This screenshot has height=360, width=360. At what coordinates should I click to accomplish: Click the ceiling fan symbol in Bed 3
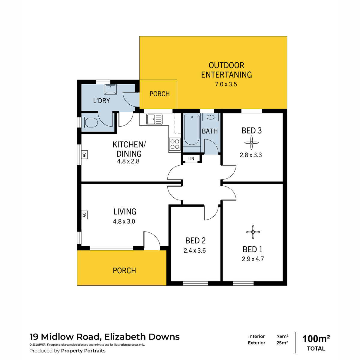(251, 143)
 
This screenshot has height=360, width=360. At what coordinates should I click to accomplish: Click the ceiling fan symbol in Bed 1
(253, 232)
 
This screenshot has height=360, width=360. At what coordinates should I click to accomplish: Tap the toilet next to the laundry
(90, 122)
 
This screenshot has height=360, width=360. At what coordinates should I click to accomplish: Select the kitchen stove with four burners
(175, 144)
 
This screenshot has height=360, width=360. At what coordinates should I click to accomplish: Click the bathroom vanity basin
(211, 117)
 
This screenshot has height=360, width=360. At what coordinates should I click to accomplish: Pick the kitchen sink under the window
(154, 119)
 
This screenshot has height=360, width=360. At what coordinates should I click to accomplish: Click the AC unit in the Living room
(84, 215)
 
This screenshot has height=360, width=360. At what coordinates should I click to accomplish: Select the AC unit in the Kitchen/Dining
(84, 155)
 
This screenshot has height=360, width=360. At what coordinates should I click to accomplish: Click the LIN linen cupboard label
(191, 159)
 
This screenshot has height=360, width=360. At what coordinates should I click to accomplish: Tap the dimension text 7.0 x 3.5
(226, 84)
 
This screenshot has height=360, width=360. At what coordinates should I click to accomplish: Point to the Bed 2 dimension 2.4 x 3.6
(194, 250)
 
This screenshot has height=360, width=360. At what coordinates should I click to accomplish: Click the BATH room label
(210, 131)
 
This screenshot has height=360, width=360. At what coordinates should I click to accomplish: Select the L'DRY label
(101, 101)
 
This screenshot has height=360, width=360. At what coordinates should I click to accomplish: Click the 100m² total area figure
(316, 339)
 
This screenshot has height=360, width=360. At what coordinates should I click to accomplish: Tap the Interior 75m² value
(283, 336)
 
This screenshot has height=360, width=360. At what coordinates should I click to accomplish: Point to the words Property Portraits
(83, 351)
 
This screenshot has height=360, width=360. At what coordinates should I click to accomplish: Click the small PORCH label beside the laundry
(160, 94)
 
